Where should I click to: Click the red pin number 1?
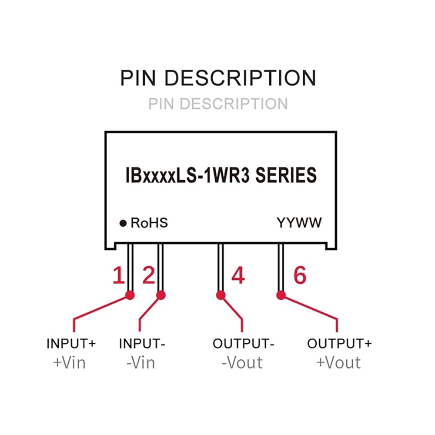pos(119,275)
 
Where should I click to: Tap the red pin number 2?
pos(149,275)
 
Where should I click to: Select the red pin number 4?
pos(238,275)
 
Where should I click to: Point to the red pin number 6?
pos(300,275)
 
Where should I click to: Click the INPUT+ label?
pos(71,344)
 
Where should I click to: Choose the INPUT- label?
pos(142,344)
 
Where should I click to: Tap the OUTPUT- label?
pos(243,344)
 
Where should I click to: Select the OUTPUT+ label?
pos(339,344)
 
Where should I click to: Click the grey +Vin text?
pos(69,363)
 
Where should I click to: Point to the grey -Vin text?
pos(141,363)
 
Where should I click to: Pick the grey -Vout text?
pos(242,363)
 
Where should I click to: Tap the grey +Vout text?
pos(338,363)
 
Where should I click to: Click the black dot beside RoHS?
pos(123,223)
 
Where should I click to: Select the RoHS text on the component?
pos(149,223)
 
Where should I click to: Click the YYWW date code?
pos(299,223)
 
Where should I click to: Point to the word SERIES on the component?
pos(286,175)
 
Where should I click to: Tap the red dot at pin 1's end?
pos(130,295)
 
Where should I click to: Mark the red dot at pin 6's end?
pos(281,295)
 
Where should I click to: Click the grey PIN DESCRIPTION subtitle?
pos(218,104)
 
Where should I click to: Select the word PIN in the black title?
pos(138,78)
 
